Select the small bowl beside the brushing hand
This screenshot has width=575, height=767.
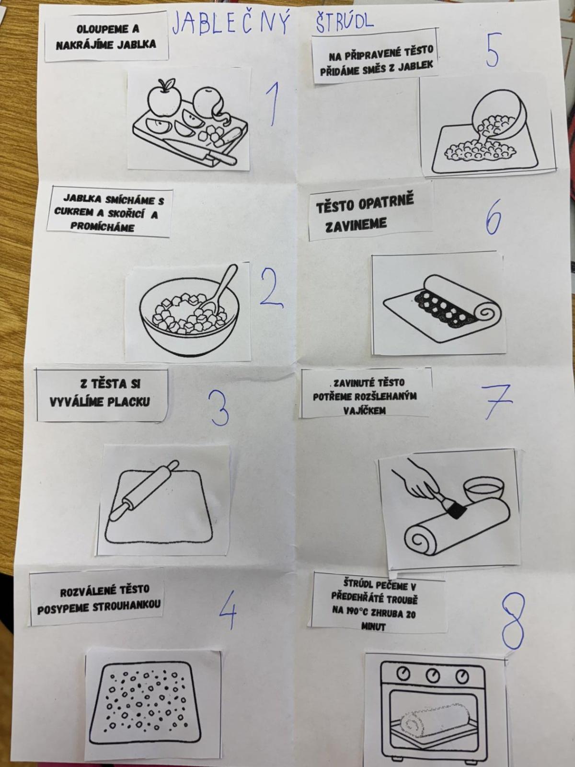click(483, 490)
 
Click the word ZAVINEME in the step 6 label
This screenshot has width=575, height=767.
click(356, 224)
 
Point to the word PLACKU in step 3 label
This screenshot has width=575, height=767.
click(129, 402)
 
